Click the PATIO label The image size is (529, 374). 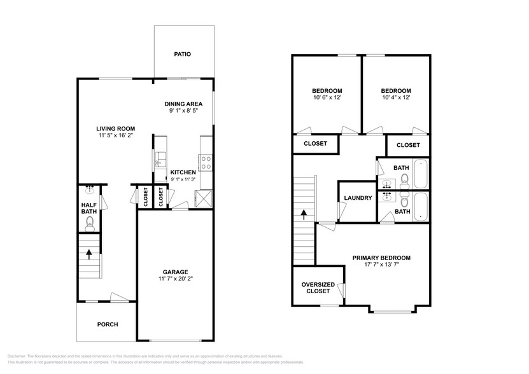183,55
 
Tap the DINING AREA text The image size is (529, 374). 183,104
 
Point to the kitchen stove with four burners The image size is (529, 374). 206,163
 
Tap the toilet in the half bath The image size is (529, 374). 90,222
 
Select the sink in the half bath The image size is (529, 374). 90,190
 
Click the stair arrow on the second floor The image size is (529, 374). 304,214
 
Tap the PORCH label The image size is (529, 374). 107,324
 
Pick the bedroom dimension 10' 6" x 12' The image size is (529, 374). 327,98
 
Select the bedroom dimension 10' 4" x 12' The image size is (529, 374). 396,98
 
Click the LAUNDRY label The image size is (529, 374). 358,198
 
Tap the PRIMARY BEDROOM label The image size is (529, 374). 381,258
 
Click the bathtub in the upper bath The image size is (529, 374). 421,174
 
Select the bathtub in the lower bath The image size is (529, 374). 421,207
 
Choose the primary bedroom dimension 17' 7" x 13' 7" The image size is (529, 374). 381,265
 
